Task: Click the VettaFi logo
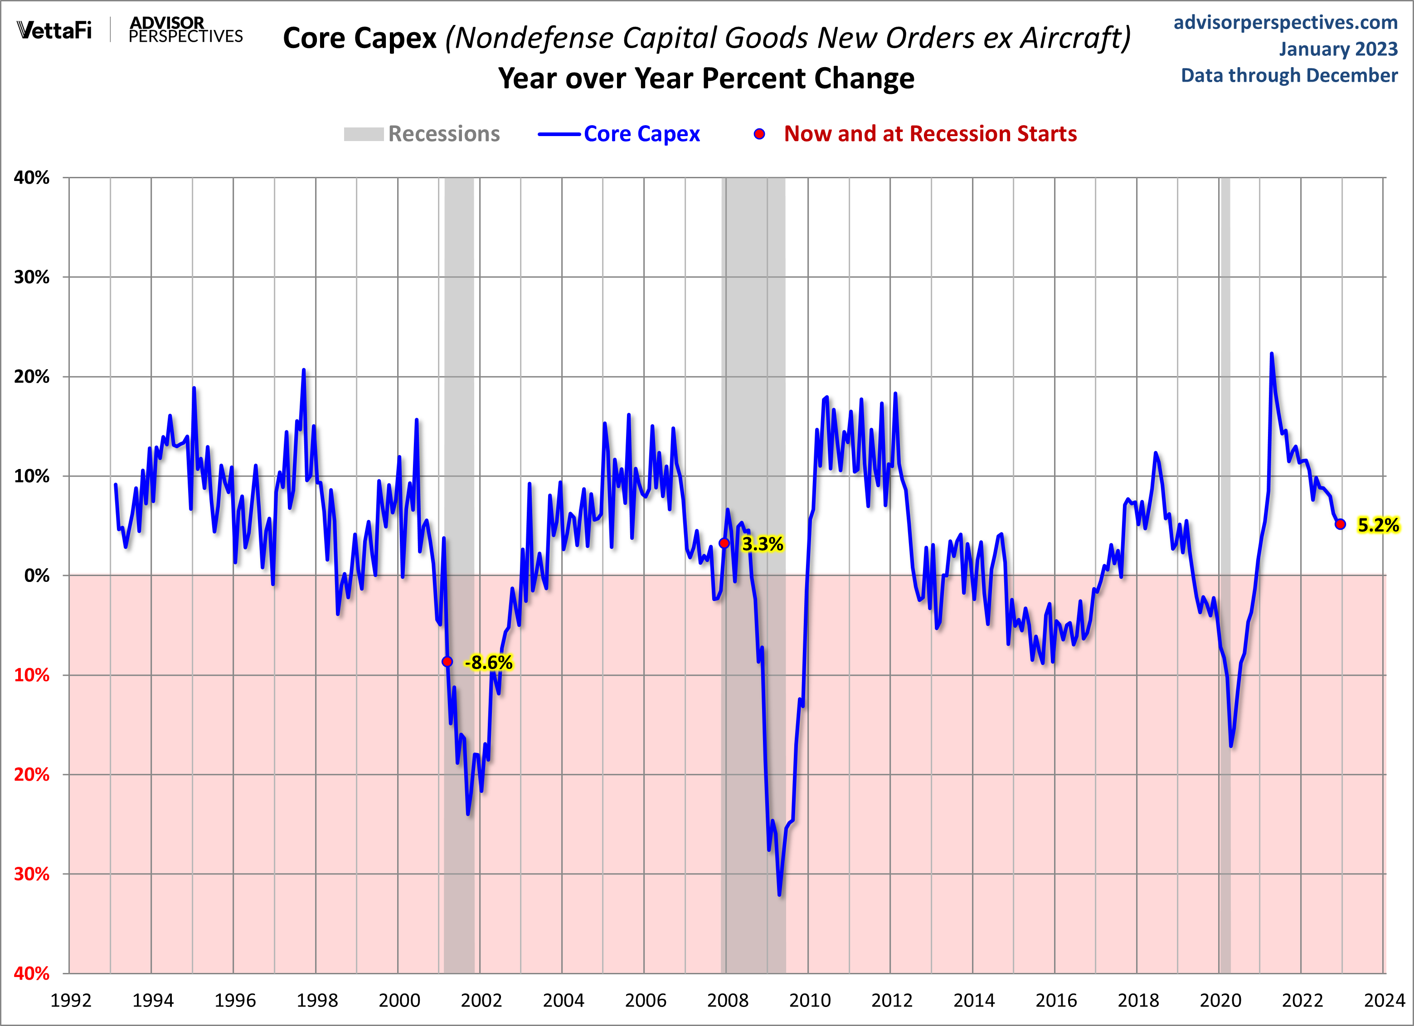pos(54,30)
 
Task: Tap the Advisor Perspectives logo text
pos(185,30)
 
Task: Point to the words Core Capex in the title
pos(360,38)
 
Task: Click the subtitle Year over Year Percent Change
pos(706,78)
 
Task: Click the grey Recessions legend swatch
pos(364,134)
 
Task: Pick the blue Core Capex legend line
pos(559,134)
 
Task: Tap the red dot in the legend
pos(759,134)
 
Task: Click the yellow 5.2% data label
pos(1378,525)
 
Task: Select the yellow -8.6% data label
pos(489,662)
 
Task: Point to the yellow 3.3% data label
pos(762,544)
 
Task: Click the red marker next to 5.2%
pos(1340,524)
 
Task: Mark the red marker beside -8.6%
pos(447,662)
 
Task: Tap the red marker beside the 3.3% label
pos(724,543)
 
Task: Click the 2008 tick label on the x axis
pos(727,1001)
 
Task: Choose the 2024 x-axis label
pos(1384,1001)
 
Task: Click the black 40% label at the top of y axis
pos(32,178)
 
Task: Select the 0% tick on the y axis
pos(37,576)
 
